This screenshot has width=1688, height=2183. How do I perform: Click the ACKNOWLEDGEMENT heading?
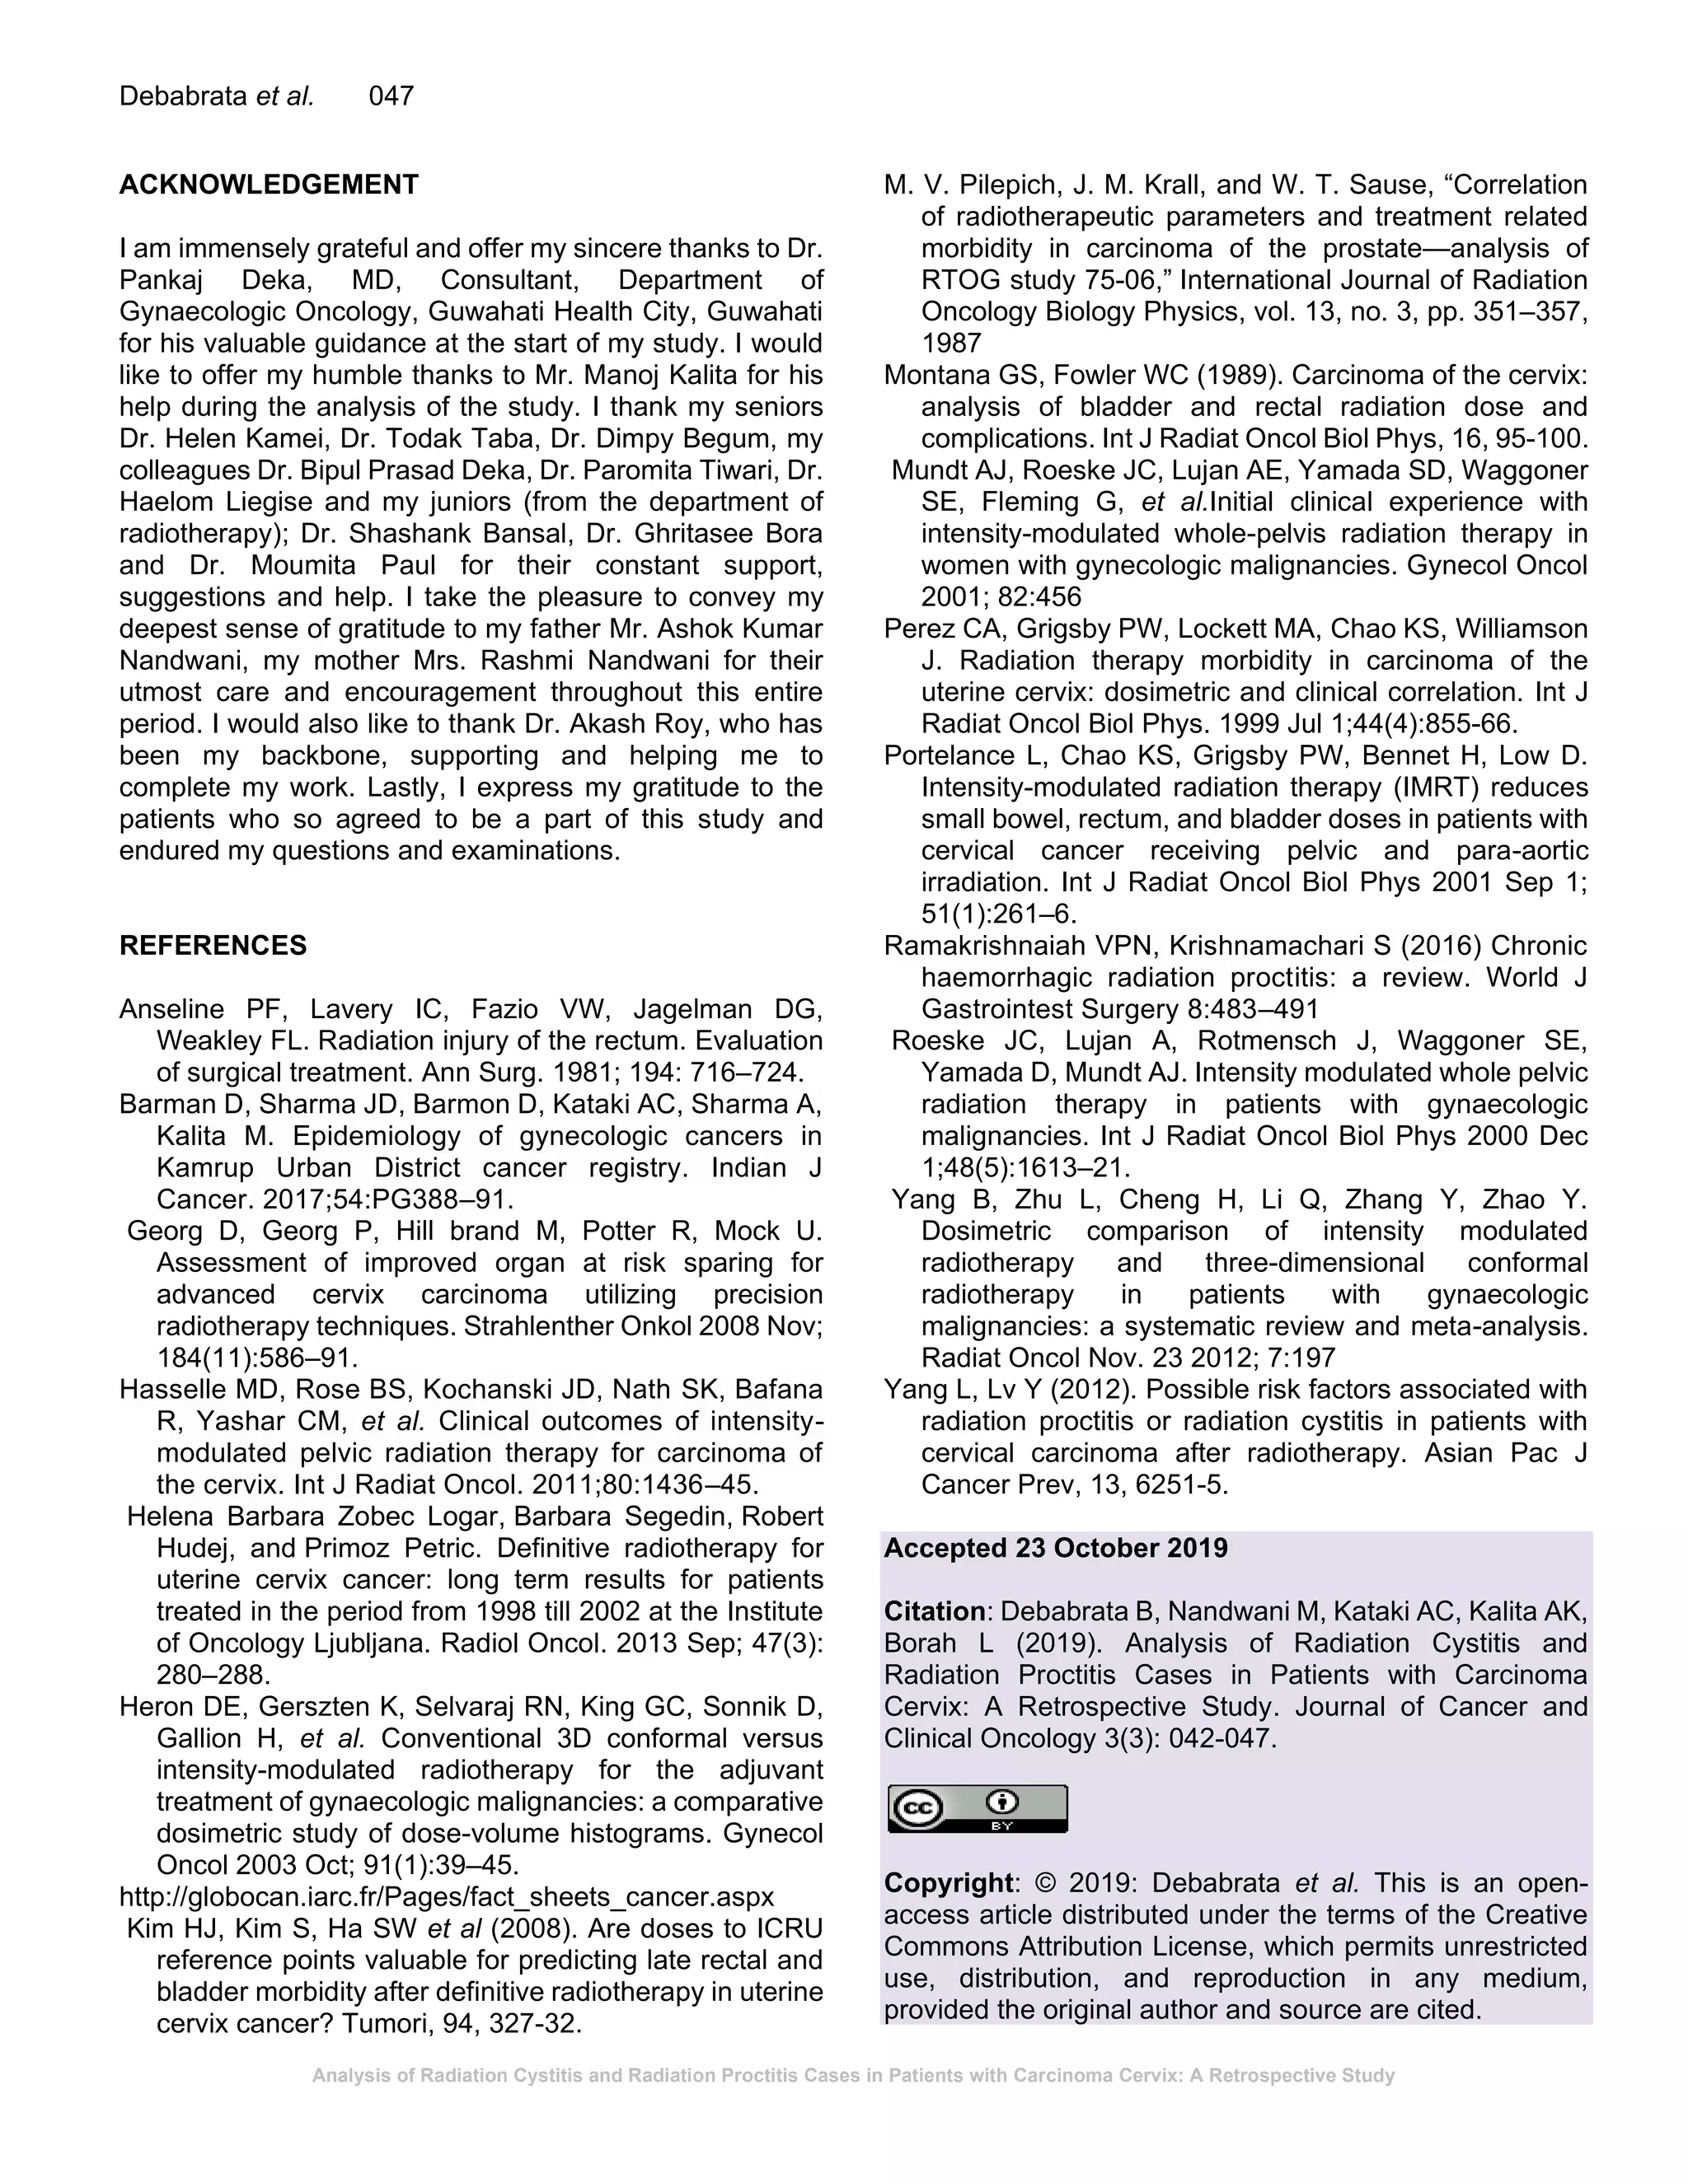point(268,185)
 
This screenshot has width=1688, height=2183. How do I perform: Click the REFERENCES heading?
point(213,946)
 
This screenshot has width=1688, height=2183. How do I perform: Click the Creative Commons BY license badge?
point(977,1808)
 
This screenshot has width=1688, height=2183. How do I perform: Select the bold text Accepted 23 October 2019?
point(1055,1549)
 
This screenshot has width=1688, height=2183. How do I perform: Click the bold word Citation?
point(934,1611)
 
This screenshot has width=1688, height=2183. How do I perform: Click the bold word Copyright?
point(948,1883)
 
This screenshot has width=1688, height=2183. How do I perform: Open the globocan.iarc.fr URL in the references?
point(446,1897)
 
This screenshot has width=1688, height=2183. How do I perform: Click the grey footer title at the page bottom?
point(852,2075)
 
